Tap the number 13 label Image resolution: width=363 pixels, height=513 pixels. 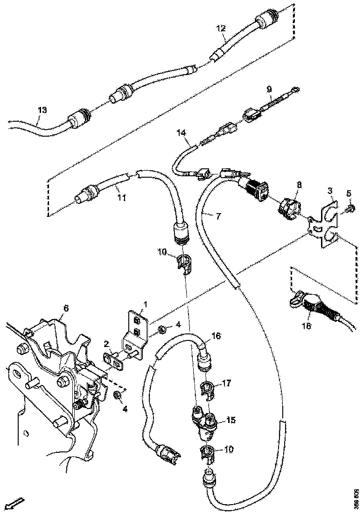click(x=42, y=110)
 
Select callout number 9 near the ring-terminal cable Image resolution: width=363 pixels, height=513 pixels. click(x=269, y=89)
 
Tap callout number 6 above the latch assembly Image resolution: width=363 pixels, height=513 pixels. click(x=66, y=308)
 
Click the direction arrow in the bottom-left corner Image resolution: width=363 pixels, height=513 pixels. click(x=16, y=503)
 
